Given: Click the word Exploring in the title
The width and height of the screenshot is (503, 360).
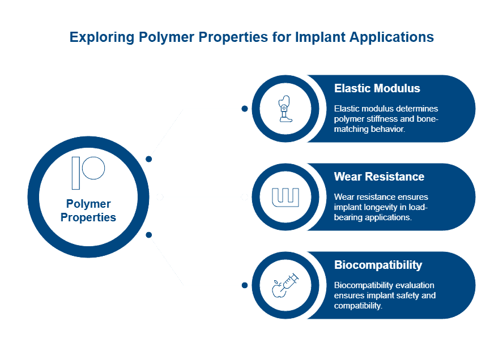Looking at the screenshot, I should [101, 37].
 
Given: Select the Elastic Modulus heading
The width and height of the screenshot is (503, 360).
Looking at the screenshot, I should [377, 88].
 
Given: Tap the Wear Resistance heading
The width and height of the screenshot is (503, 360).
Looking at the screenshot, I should [379, 177].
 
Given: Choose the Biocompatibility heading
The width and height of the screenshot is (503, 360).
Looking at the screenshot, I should [378, 265].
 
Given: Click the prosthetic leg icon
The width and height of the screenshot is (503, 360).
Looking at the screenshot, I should [284, 109].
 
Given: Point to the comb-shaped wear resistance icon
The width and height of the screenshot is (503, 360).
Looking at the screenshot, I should [284, 197].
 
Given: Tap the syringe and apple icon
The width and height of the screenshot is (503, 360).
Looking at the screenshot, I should [284, 285].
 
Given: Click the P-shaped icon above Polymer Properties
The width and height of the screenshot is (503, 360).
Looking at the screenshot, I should [88, 172].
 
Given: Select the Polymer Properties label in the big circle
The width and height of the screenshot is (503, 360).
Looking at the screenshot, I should [88, 211].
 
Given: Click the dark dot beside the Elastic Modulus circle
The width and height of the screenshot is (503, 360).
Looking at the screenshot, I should [244, 108].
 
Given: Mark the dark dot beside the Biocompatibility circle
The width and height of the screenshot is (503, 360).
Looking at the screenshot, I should [244, 285].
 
